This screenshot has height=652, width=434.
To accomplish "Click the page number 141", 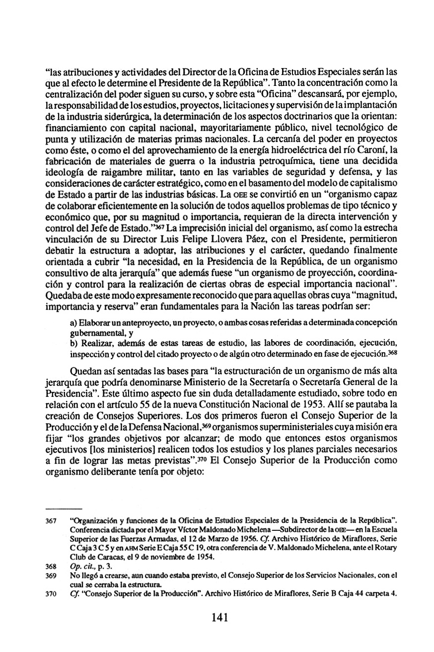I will tap(219, 617).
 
